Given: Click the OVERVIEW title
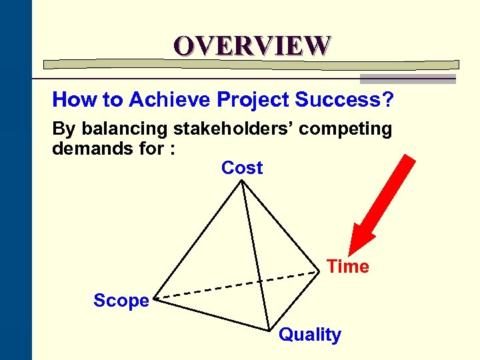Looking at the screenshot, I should click(252, 45).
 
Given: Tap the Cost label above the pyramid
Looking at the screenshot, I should click(242, 168).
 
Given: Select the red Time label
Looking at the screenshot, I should click(348, 267).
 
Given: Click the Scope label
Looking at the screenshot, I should click(121, 301).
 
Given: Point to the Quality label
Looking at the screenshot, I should click(309, 335).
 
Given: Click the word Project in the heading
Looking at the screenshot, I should click(254, 100).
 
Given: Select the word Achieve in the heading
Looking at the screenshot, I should click(169, 100).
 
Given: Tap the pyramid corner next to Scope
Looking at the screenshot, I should click(156, 299).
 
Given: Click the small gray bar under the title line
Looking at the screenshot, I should click(407, 79).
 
